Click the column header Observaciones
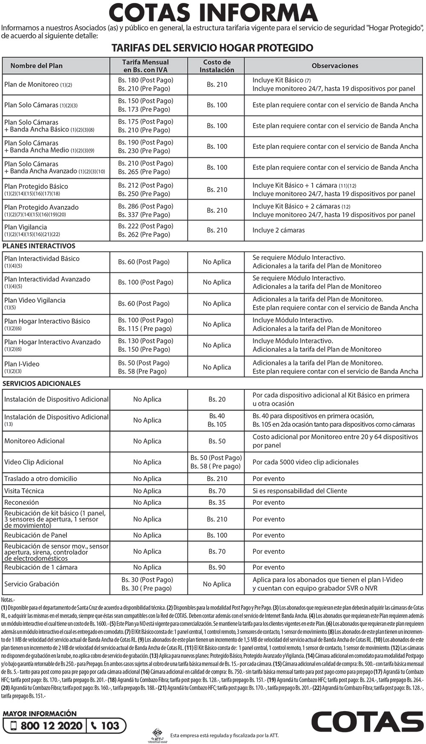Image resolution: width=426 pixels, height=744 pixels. [335, 66]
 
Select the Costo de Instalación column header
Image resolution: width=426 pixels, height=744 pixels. [217, 66]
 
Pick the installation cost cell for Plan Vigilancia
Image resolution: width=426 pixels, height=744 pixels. [217, 230]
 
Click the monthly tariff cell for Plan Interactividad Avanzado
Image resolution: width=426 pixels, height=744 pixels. [146, 282]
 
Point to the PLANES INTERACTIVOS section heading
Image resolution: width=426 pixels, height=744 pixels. [39, 246]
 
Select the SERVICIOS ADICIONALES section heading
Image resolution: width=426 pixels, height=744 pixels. [41, 383]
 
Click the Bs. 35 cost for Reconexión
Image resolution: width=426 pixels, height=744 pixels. [217, 502]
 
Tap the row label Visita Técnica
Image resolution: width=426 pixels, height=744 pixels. [24, 491]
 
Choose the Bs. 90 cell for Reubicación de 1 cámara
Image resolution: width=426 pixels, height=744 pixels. [217, 567]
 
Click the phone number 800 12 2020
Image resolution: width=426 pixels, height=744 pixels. [51, 726]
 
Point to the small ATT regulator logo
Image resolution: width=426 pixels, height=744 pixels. [157, 733]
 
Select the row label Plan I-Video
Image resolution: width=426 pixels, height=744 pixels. [22, 364]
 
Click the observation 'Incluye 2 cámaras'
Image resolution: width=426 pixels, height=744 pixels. [279, 230]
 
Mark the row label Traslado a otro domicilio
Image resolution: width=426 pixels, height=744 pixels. [40, 479]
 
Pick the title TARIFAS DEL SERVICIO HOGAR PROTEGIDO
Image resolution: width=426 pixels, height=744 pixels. [212, 48]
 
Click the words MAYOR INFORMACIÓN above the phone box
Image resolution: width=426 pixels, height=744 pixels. [40, 714]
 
